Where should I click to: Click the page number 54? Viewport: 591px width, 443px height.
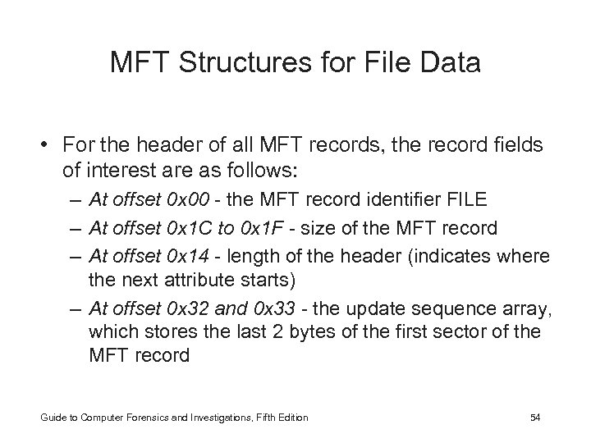(535, 418)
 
